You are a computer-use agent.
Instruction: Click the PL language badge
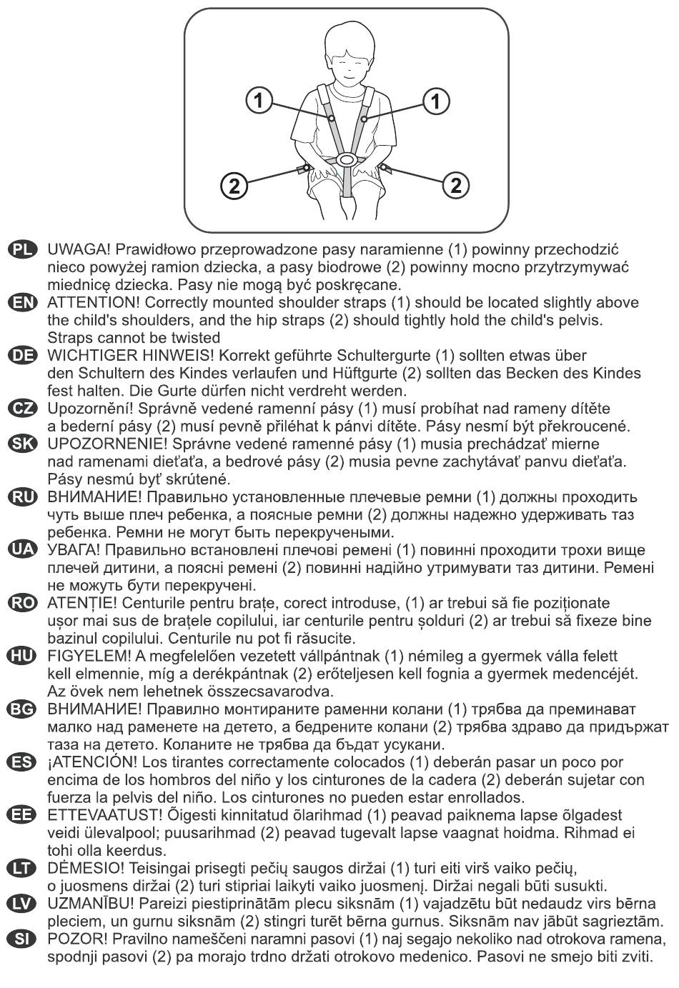pos(22,249)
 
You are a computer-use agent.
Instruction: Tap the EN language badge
pos(22,303)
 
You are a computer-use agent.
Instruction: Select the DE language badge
pos(22,356)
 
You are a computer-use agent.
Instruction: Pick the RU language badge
pos(22,497)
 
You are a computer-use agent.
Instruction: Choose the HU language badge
pos(22,656)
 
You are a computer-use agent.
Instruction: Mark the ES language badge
pos(22,762)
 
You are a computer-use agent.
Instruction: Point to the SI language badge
pos(22,939)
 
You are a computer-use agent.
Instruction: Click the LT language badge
pos(22,868)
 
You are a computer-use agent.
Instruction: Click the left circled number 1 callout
pos(259,100)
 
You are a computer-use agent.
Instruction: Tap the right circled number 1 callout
pos(435,100)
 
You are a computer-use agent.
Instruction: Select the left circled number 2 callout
pos(233,186)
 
